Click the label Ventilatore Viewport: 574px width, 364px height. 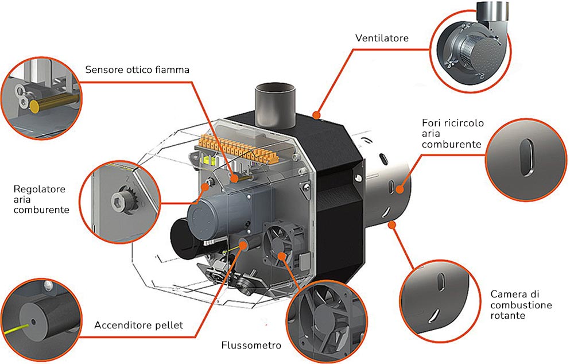pyautogui.click(x=382, y=38)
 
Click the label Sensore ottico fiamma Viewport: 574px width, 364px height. pyautogui.click(x=137, y=70)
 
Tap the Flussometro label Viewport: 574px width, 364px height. pyautogui.click(x=251, y=346)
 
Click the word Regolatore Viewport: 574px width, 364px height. pyautogui.click(x=39, y=189)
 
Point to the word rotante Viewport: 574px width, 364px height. pyautogui.click(x=508, y=316)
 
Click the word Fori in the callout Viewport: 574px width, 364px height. pyautogui.click(x=432, y=123)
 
